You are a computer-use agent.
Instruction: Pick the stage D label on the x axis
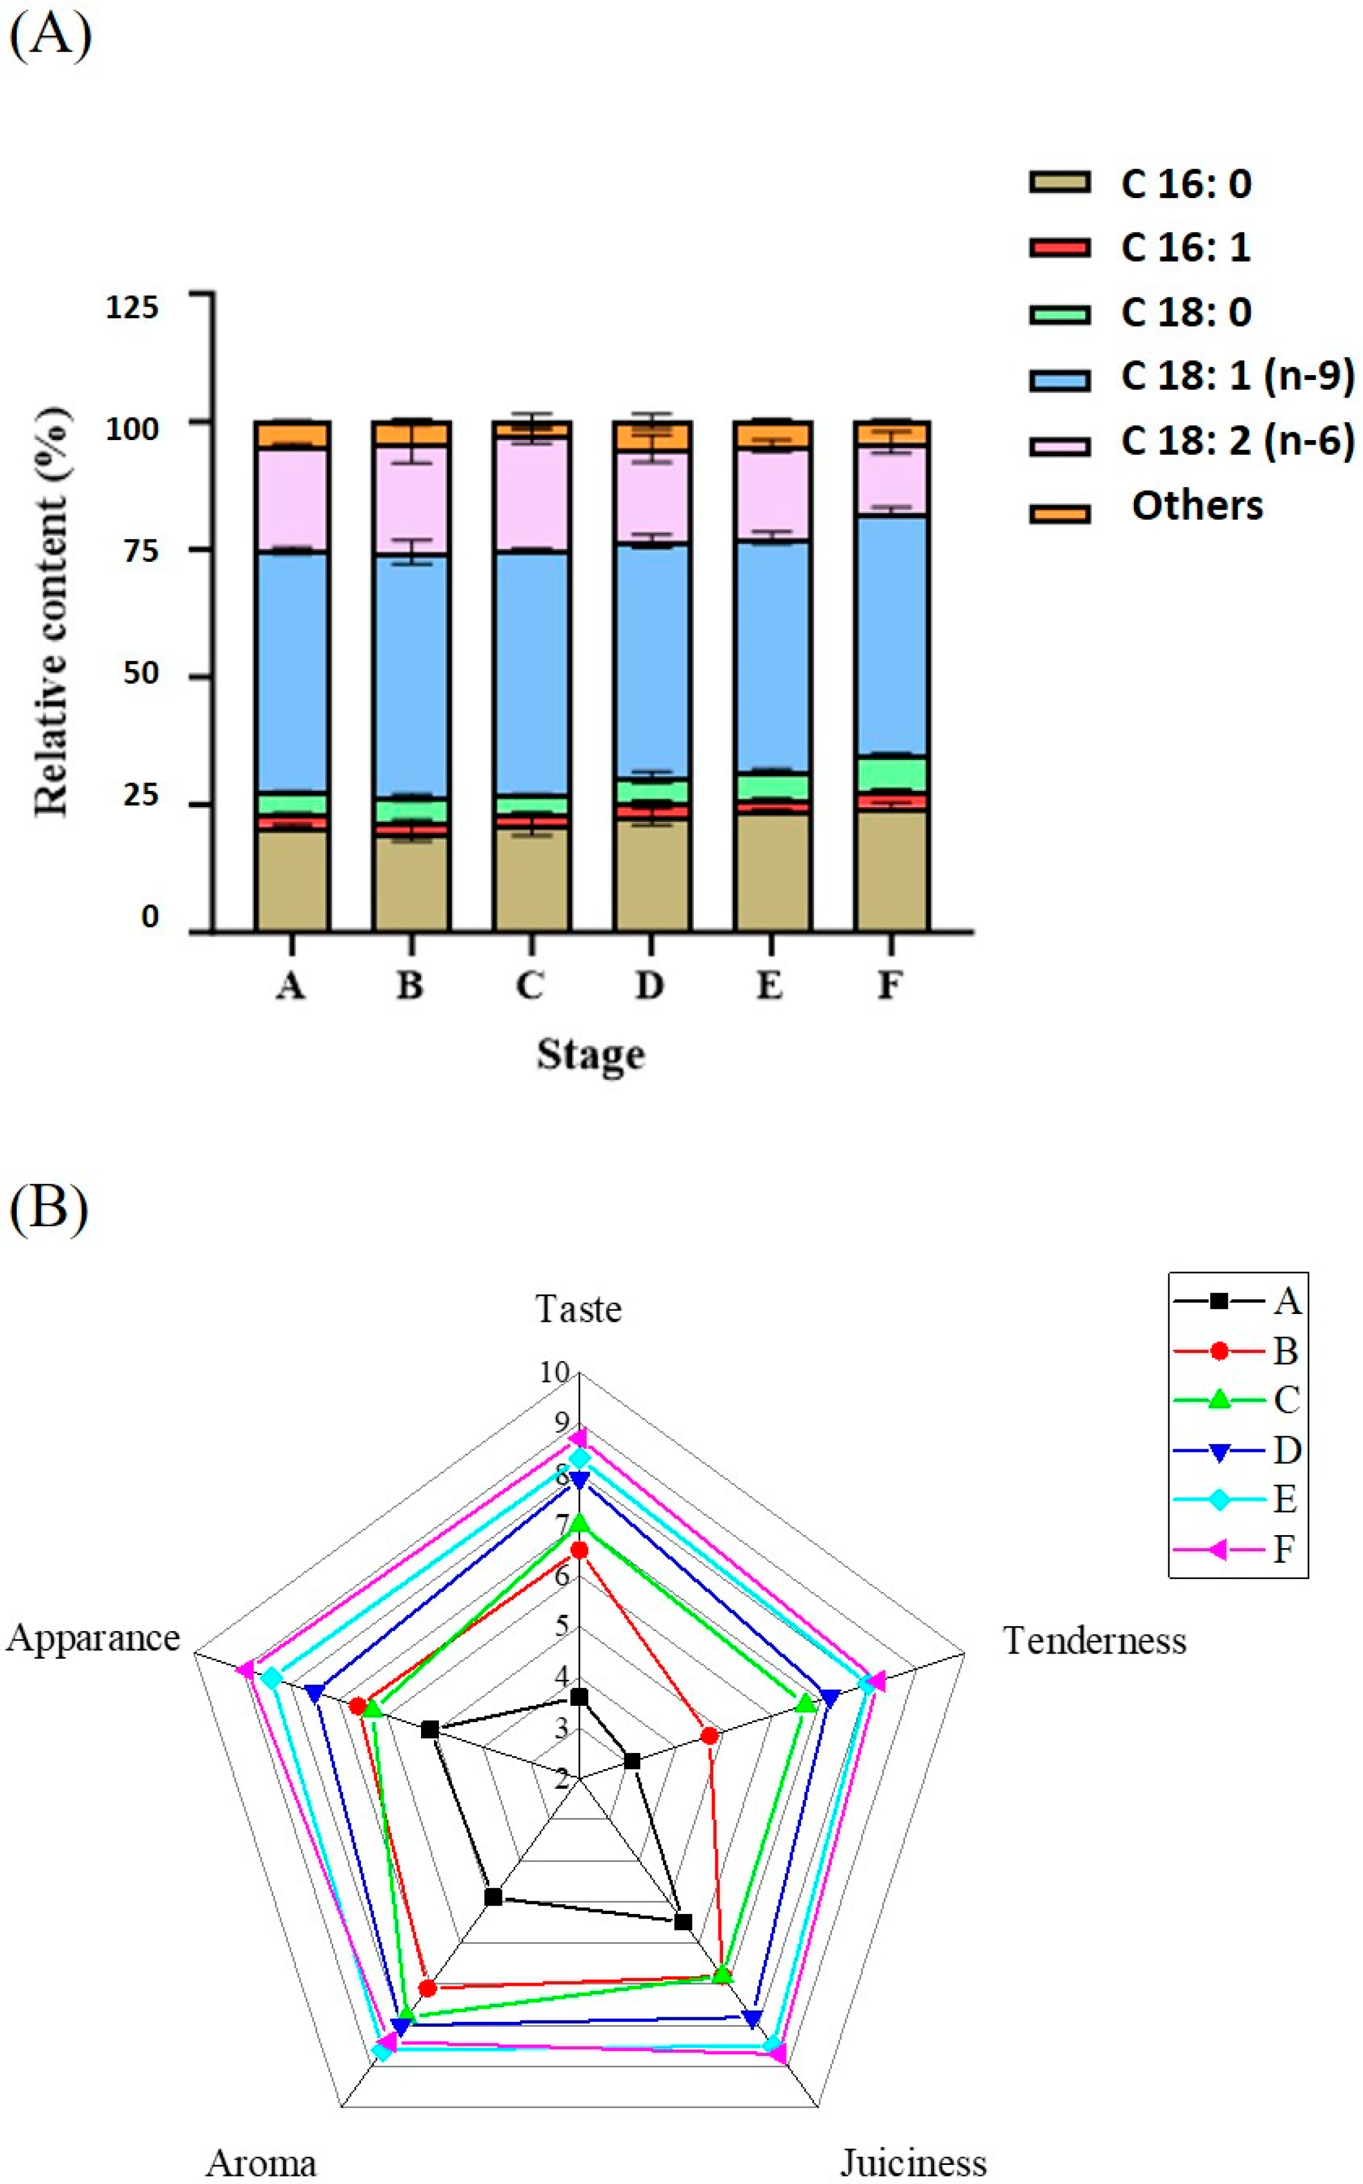click(x=650, y=985)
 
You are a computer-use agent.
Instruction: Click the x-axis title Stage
click(x=591, y=1054)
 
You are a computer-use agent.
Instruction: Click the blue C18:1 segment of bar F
click(x=891, y=635)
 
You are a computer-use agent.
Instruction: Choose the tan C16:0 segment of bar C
click(x=531, y=879)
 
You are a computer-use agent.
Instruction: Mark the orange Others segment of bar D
click(x=651, y=436)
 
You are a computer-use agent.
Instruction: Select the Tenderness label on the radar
click(x=1094, y=1641)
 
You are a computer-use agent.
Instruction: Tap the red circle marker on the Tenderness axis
click(x=710, y=1735)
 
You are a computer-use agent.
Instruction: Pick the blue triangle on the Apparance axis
click(x=314, y=1692)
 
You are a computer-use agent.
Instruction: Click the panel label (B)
click(x=49, y=1208)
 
